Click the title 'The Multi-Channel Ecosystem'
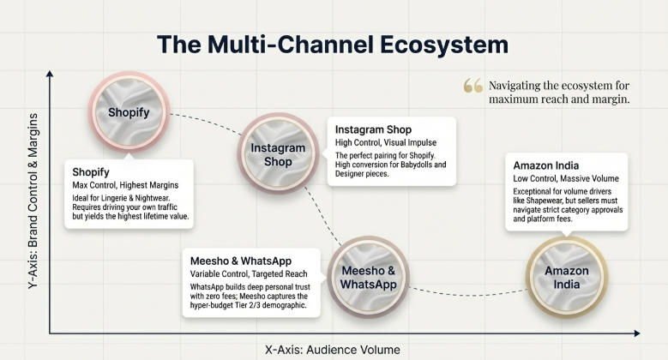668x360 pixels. [x=334, y=44]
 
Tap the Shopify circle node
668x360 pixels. [x=129, y=112]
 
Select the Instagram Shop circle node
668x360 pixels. [x=277, y=154]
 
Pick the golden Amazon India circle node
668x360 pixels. [x=567, y=277]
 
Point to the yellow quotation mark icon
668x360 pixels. [x=472, y=86]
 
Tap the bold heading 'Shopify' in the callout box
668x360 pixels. [x=91, y=171]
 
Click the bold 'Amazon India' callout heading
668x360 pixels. [x=546, y=165]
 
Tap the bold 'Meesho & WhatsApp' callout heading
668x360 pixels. [x=242, y=261]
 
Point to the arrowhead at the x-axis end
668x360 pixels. [x=636, y=333]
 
